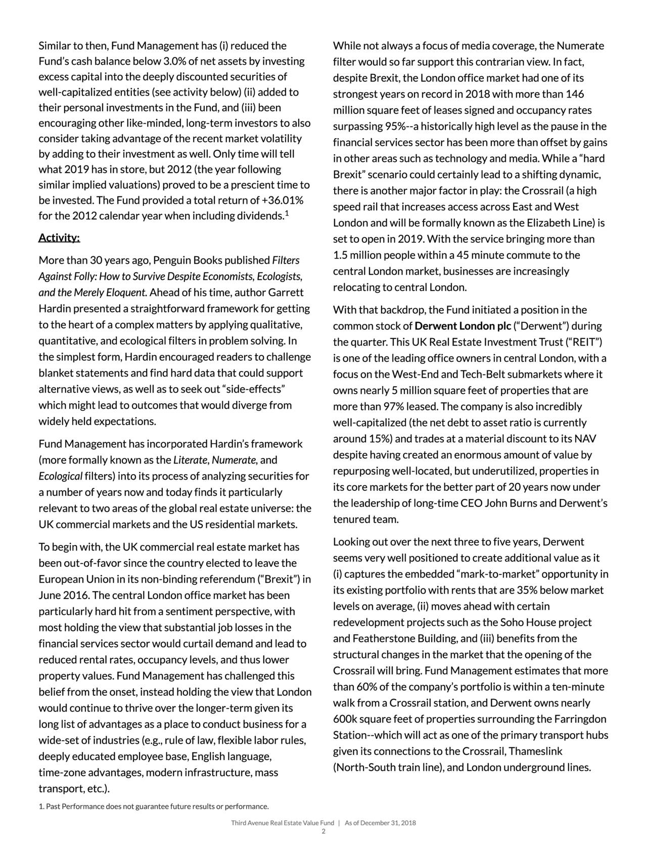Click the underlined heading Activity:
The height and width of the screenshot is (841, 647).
coord(59,238)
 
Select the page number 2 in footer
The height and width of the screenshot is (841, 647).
coord(323,831)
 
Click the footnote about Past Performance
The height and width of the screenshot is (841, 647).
coord(154,806)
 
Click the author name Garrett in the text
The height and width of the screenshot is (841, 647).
coord(286,292)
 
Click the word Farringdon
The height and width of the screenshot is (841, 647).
coord(580,719)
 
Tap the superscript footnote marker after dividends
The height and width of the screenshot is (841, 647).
coord(287,213)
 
